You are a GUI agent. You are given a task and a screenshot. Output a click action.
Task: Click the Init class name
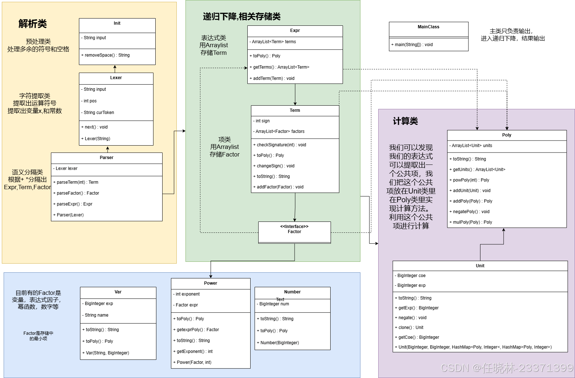point(117,23)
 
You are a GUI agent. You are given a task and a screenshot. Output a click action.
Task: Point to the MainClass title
point(428,27)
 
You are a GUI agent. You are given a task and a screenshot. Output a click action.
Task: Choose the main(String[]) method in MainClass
point(412,45)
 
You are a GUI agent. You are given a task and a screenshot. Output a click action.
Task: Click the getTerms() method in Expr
point(279,67)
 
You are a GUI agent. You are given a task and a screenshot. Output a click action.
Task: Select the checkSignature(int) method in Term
point(280,145)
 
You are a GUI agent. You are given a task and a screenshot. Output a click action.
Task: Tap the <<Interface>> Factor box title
point(294,229)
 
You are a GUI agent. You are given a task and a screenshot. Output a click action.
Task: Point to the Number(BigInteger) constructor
point(278,343)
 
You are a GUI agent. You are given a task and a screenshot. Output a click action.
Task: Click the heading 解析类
point(33,24)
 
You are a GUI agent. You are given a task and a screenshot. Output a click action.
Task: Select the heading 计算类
point(405,121)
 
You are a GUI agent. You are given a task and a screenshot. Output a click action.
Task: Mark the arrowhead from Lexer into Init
point(115,67)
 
